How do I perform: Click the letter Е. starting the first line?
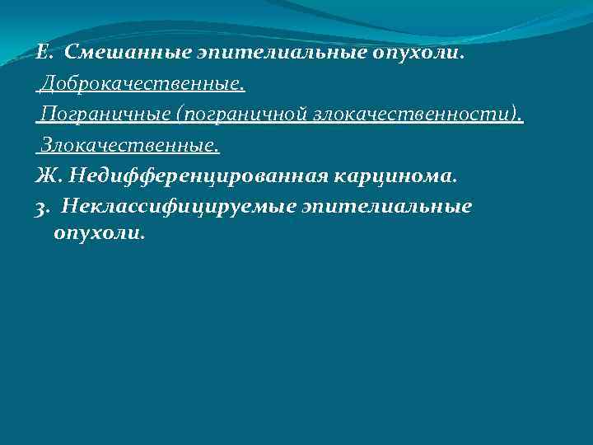(44, 54)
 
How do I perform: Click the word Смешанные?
(126, 54)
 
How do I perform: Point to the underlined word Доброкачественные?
(144, 84)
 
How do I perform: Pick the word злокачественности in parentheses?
(413, 115)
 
